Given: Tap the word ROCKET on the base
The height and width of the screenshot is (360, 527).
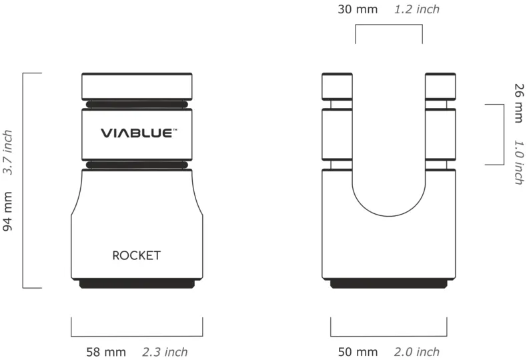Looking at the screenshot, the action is pos(137,255).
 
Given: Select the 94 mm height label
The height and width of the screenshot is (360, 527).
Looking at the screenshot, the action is pos(7,211).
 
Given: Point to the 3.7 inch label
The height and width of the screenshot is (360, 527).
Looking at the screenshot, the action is pos(7,152).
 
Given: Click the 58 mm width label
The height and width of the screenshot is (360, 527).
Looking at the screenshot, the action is pos(106,352).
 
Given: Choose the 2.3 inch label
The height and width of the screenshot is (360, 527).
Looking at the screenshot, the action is pos(165,352).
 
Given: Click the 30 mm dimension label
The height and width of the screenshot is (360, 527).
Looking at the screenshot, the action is pos(358,9).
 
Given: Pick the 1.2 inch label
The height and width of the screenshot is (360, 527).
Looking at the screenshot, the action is pos(417,9).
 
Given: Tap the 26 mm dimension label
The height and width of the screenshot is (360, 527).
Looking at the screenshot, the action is pos(519,103).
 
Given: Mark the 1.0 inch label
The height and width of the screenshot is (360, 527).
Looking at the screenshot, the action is pos(519,163).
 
